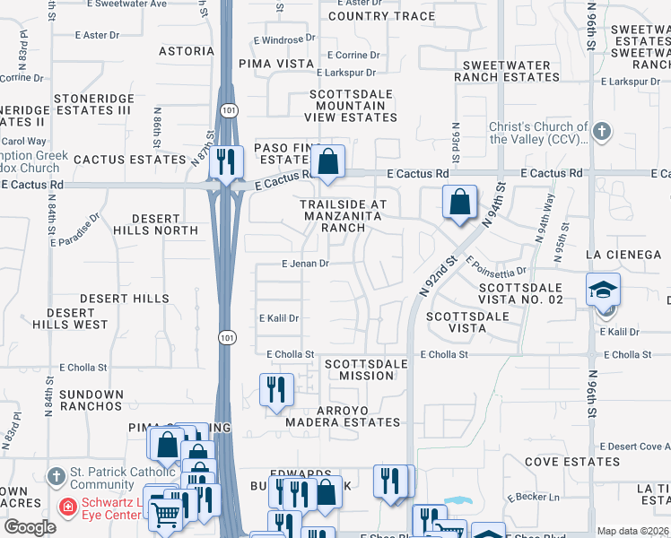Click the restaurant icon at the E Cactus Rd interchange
pyautogui.click(x=226, y=162)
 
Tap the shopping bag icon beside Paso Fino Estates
pyautogui.click(x=329, y=162)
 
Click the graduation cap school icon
pyautogui.click(x=603, y=290)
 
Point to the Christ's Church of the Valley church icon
pyautogui.click(x=601, y=132)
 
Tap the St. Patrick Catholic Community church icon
pyautogui.click(x=56, y=476)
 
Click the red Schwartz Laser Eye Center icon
pyautogui.click(x=67, y=507)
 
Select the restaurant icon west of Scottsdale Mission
pyautogui.click(x=275, y=389)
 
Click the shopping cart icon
pyautogui.click(x=166, y=512)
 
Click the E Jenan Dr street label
pyautogui.click(x=306, y=264)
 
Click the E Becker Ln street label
pyautogui.click(x=533, y=497)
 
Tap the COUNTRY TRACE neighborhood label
pyautogui.click(x=381, y=16)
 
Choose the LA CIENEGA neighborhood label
pyautogui.click(x=623, y=255)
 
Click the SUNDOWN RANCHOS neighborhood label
pyautogui.click(x=91, y=400)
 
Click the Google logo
pyautogui.click(x=30, y=527)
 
